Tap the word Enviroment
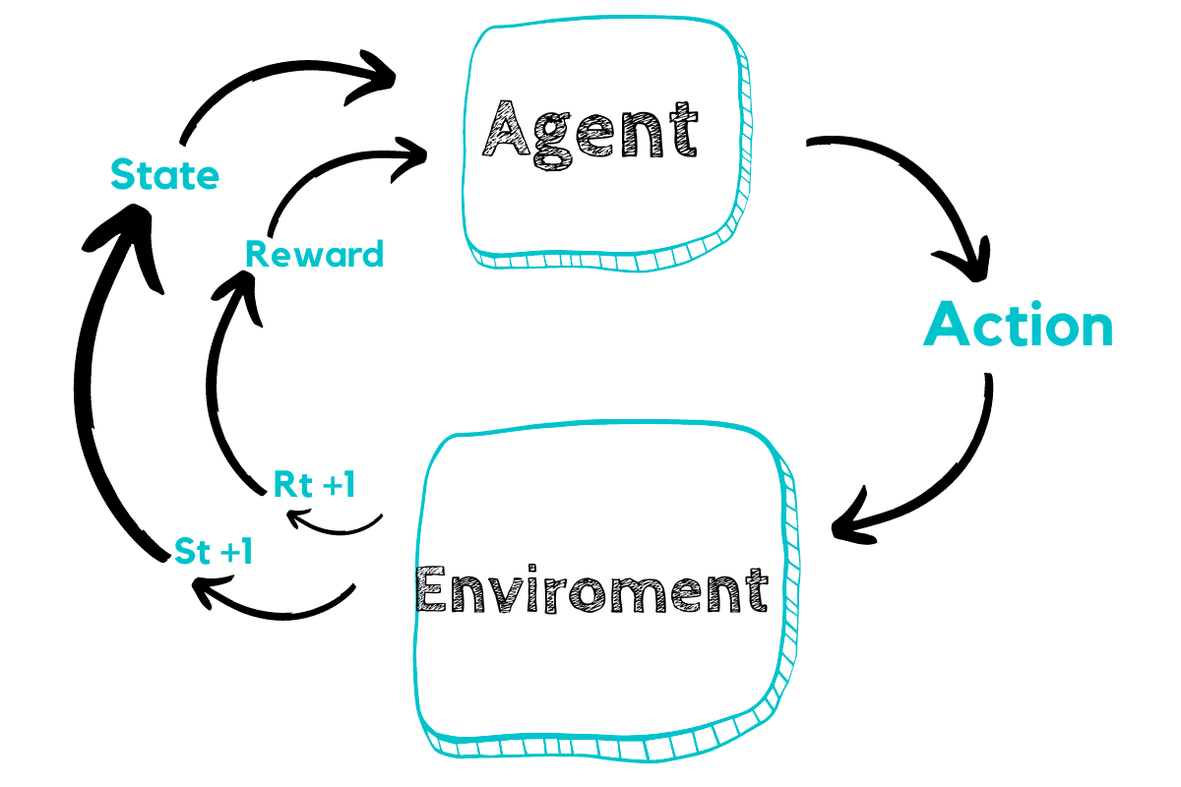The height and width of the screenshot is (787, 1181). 590,588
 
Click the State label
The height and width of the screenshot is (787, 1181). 164,175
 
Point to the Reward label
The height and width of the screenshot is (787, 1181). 314,255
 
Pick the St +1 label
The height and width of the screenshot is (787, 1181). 213,552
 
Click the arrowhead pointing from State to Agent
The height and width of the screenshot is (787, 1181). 382,72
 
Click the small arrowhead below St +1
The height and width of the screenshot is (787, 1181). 205,590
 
